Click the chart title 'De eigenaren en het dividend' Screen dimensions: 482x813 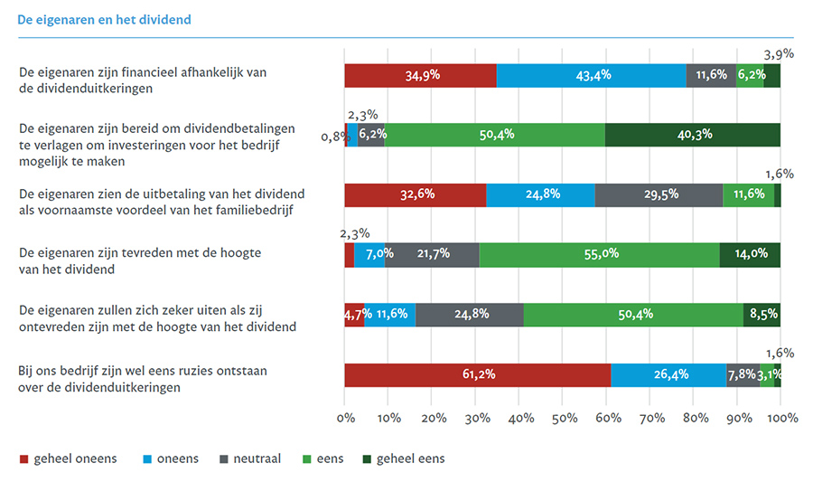coord(105,19)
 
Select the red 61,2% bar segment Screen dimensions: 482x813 coord(477,374)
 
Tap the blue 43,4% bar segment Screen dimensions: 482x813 coord(591,76)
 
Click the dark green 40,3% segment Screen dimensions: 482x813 coord(692,135)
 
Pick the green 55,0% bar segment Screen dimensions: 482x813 coord(599,255)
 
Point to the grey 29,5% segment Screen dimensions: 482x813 coord(659,194)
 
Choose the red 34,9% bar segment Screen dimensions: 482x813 coord(420,76)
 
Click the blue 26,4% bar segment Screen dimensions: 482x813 coord(668,374)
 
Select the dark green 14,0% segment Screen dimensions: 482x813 coord(750,255)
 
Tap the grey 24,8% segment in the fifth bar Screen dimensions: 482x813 coord(470,315)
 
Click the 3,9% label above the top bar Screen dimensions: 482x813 coord(779,53)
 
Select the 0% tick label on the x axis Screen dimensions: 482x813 coord(345,419)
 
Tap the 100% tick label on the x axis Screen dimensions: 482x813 coord(781,419)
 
